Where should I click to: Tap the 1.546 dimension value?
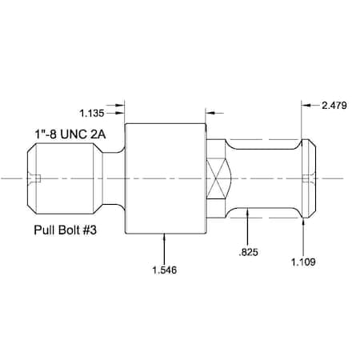164,270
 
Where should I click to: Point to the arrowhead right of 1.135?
122,104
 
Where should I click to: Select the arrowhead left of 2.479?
306,104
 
